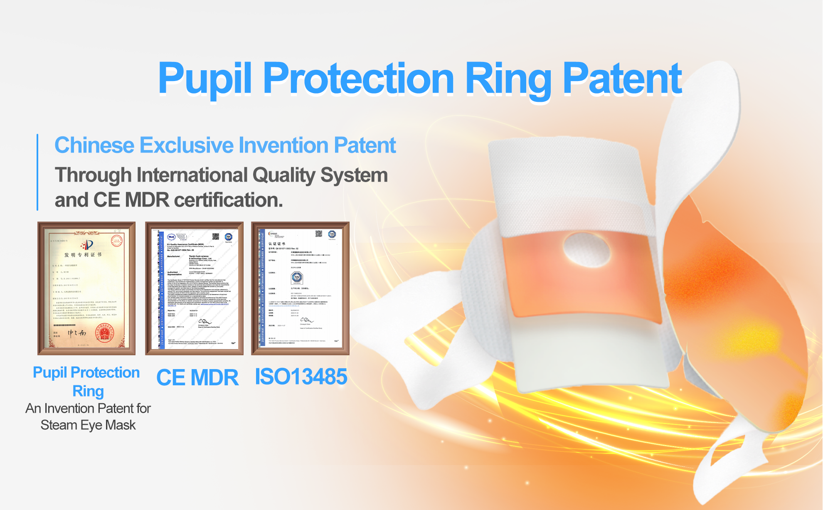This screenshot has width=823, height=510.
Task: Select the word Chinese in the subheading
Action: (94, 145)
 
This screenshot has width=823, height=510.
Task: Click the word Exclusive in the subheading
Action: (187, 145)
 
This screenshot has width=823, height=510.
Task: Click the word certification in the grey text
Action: (228, 200)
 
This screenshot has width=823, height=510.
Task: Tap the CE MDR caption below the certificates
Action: (197, 377)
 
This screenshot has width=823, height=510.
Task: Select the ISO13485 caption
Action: (301, 377)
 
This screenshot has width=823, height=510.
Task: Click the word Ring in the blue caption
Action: (88, 391)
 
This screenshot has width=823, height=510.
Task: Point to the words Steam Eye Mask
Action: (88, 425)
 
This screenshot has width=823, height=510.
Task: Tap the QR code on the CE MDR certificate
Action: (216, 237)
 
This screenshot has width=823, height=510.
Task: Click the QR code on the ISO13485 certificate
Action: (319, 234)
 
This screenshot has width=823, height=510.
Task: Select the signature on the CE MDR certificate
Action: (205, 322)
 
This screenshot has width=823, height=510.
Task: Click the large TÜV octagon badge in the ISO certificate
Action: (297, 277)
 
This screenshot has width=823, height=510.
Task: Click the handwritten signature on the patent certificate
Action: (77, 333)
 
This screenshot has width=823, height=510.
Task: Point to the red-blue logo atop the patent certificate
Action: (88, 245)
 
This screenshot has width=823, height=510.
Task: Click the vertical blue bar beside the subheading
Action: (37, 172)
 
